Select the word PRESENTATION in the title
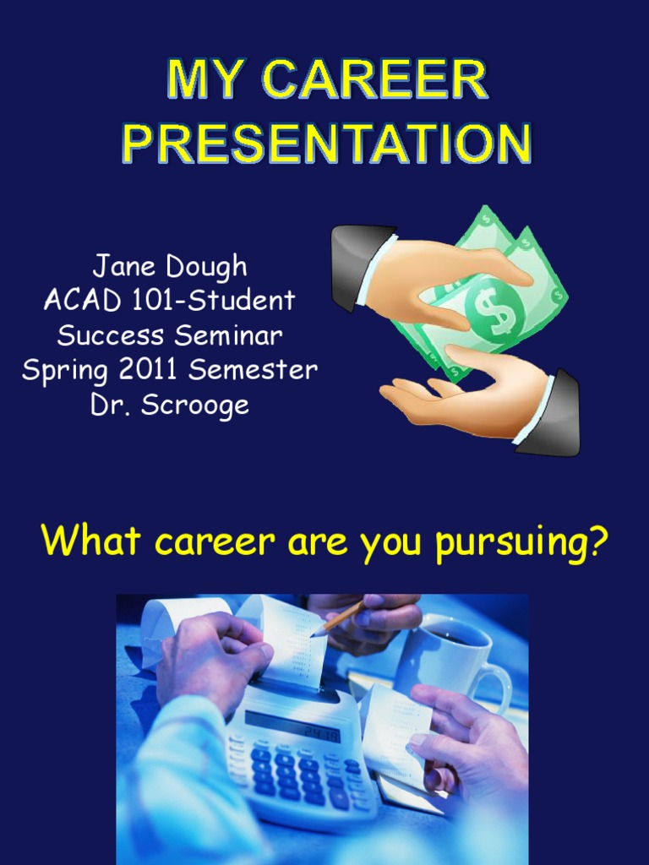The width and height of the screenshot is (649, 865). pyautogui.click(x=326, y=144)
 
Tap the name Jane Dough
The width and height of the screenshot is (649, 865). pyautogui.click(x=170, y=266)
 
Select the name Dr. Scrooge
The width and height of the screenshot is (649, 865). pyautogui.click(x=170, y=405)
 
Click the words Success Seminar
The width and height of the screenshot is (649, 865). pyautogui.click(x=170, y=335)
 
